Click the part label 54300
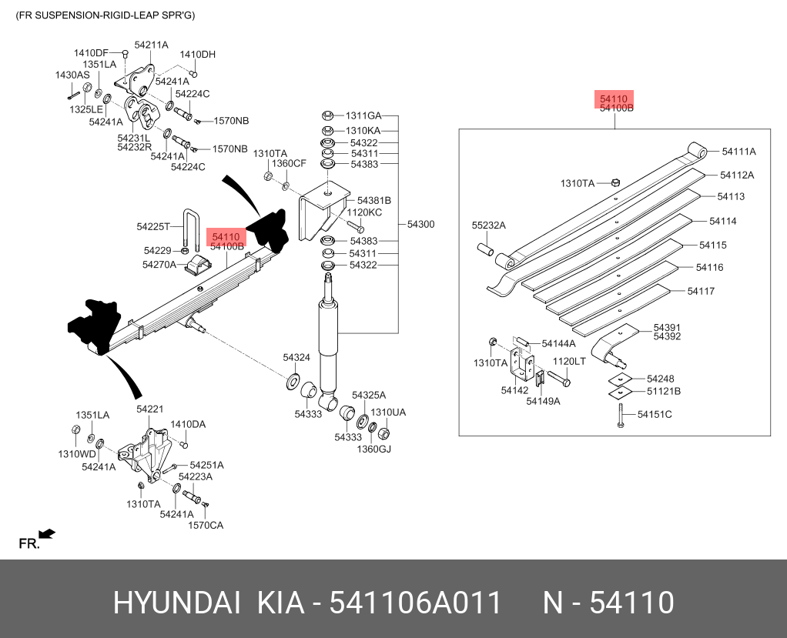point(420,225)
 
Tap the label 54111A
point(738,152)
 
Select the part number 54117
point(701,291)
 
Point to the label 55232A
point(488,225)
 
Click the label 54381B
point(368,200)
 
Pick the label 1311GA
point(363,116)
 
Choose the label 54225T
point(154,226)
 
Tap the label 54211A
point(151,45)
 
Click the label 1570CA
point(206,525)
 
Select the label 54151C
point(655,415)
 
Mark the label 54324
point(296,357)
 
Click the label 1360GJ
point(373,449)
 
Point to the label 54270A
point(159,265)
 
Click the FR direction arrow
point(46,533)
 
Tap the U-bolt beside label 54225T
point(193,227)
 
